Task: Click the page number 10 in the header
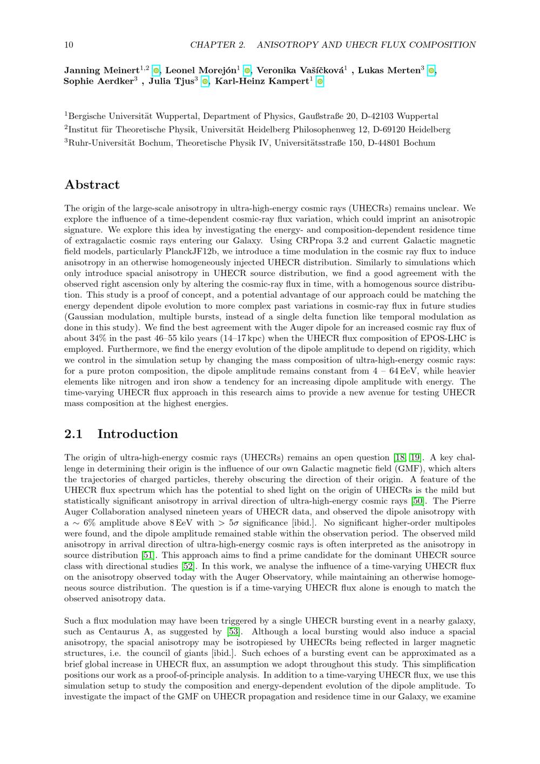[69, 45]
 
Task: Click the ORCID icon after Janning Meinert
[156, 70]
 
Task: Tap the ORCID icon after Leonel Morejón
[247, 70]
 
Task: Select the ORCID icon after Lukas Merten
[431, 70]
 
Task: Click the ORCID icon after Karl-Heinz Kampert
[320, 82]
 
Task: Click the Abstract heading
[92, 185]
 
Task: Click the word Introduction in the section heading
[137, 434]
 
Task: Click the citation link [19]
[416, 458]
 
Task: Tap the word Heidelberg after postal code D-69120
[429, 130]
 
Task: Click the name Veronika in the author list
[275, 70]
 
